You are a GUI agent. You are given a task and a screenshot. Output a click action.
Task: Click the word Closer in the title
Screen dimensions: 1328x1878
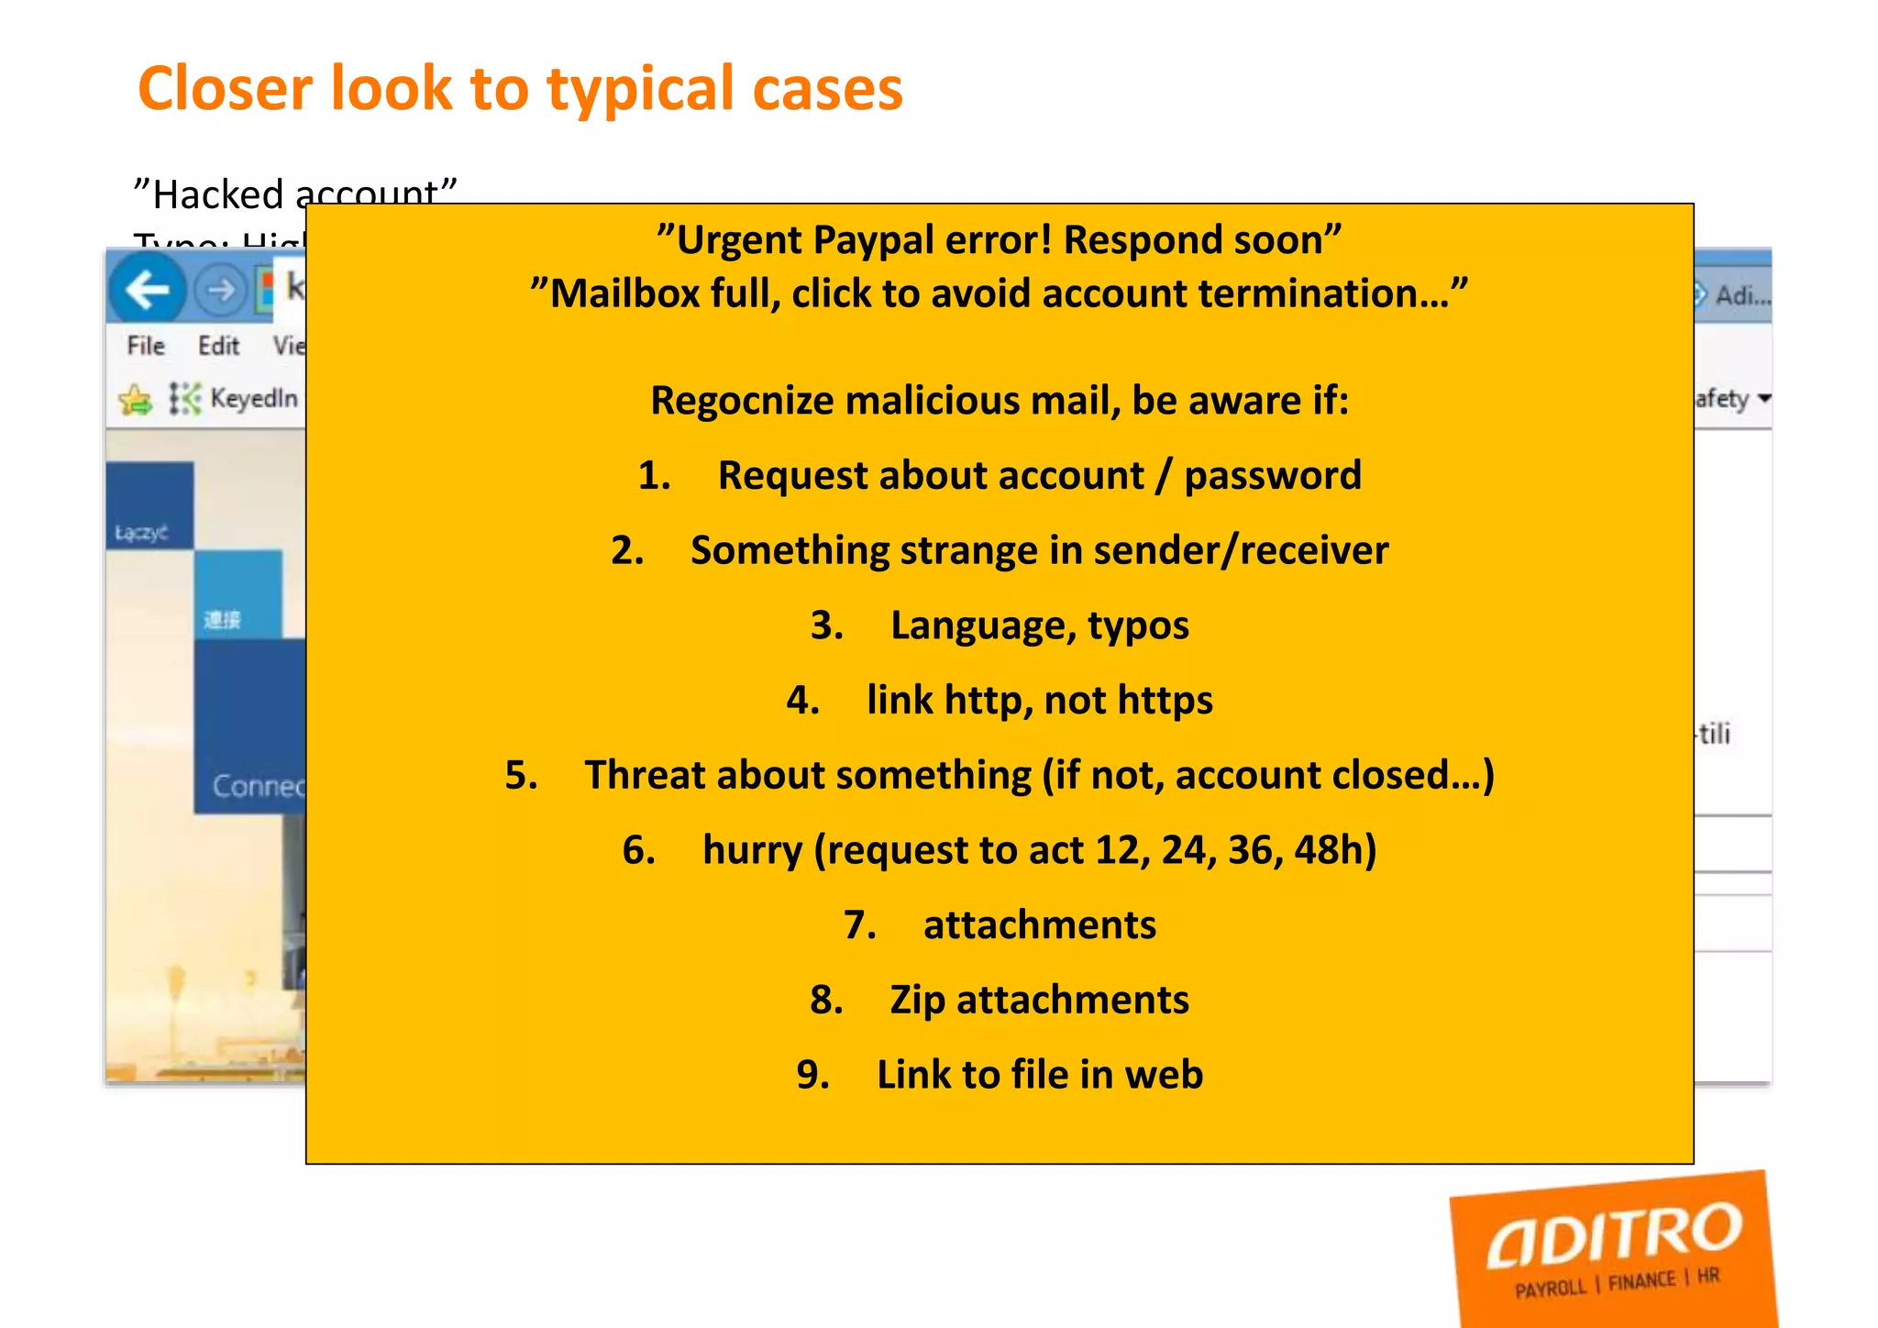pyautogui.click(x=226, y=89)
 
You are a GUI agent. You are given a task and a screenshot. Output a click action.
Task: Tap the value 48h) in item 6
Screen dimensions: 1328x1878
pyautogui.click(x=1335, y=850)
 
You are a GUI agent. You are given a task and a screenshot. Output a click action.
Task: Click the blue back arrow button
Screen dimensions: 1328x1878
pyautogui.click(x=147, y=291)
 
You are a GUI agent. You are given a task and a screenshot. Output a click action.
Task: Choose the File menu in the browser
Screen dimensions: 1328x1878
pyautogui.click(x=146, y=346)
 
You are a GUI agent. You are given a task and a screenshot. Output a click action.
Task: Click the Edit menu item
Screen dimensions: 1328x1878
pyautogui.click(x=218, y=346)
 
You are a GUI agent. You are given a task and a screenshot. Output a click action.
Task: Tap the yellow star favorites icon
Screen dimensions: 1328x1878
pyautogui.click(x=136, y=399)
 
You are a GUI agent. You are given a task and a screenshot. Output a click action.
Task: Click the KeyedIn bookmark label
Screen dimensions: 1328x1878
pyautogui.click(x=254, y=398)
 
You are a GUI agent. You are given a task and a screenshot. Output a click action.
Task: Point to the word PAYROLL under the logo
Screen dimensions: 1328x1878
pyautogui.click(x=1550, y=1289)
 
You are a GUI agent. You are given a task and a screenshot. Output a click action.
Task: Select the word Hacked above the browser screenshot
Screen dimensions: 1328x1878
pyautogui.click(x=218, y=194)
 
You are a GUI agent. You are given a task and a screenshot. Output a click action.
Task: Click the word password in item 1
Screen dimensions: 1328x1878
pyautogui.click(x=1272, y=476)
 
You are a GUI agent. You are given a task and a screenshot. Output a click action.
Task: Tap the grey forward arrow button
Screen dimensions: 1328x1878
pyautogui.click(x=220, y=291)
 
